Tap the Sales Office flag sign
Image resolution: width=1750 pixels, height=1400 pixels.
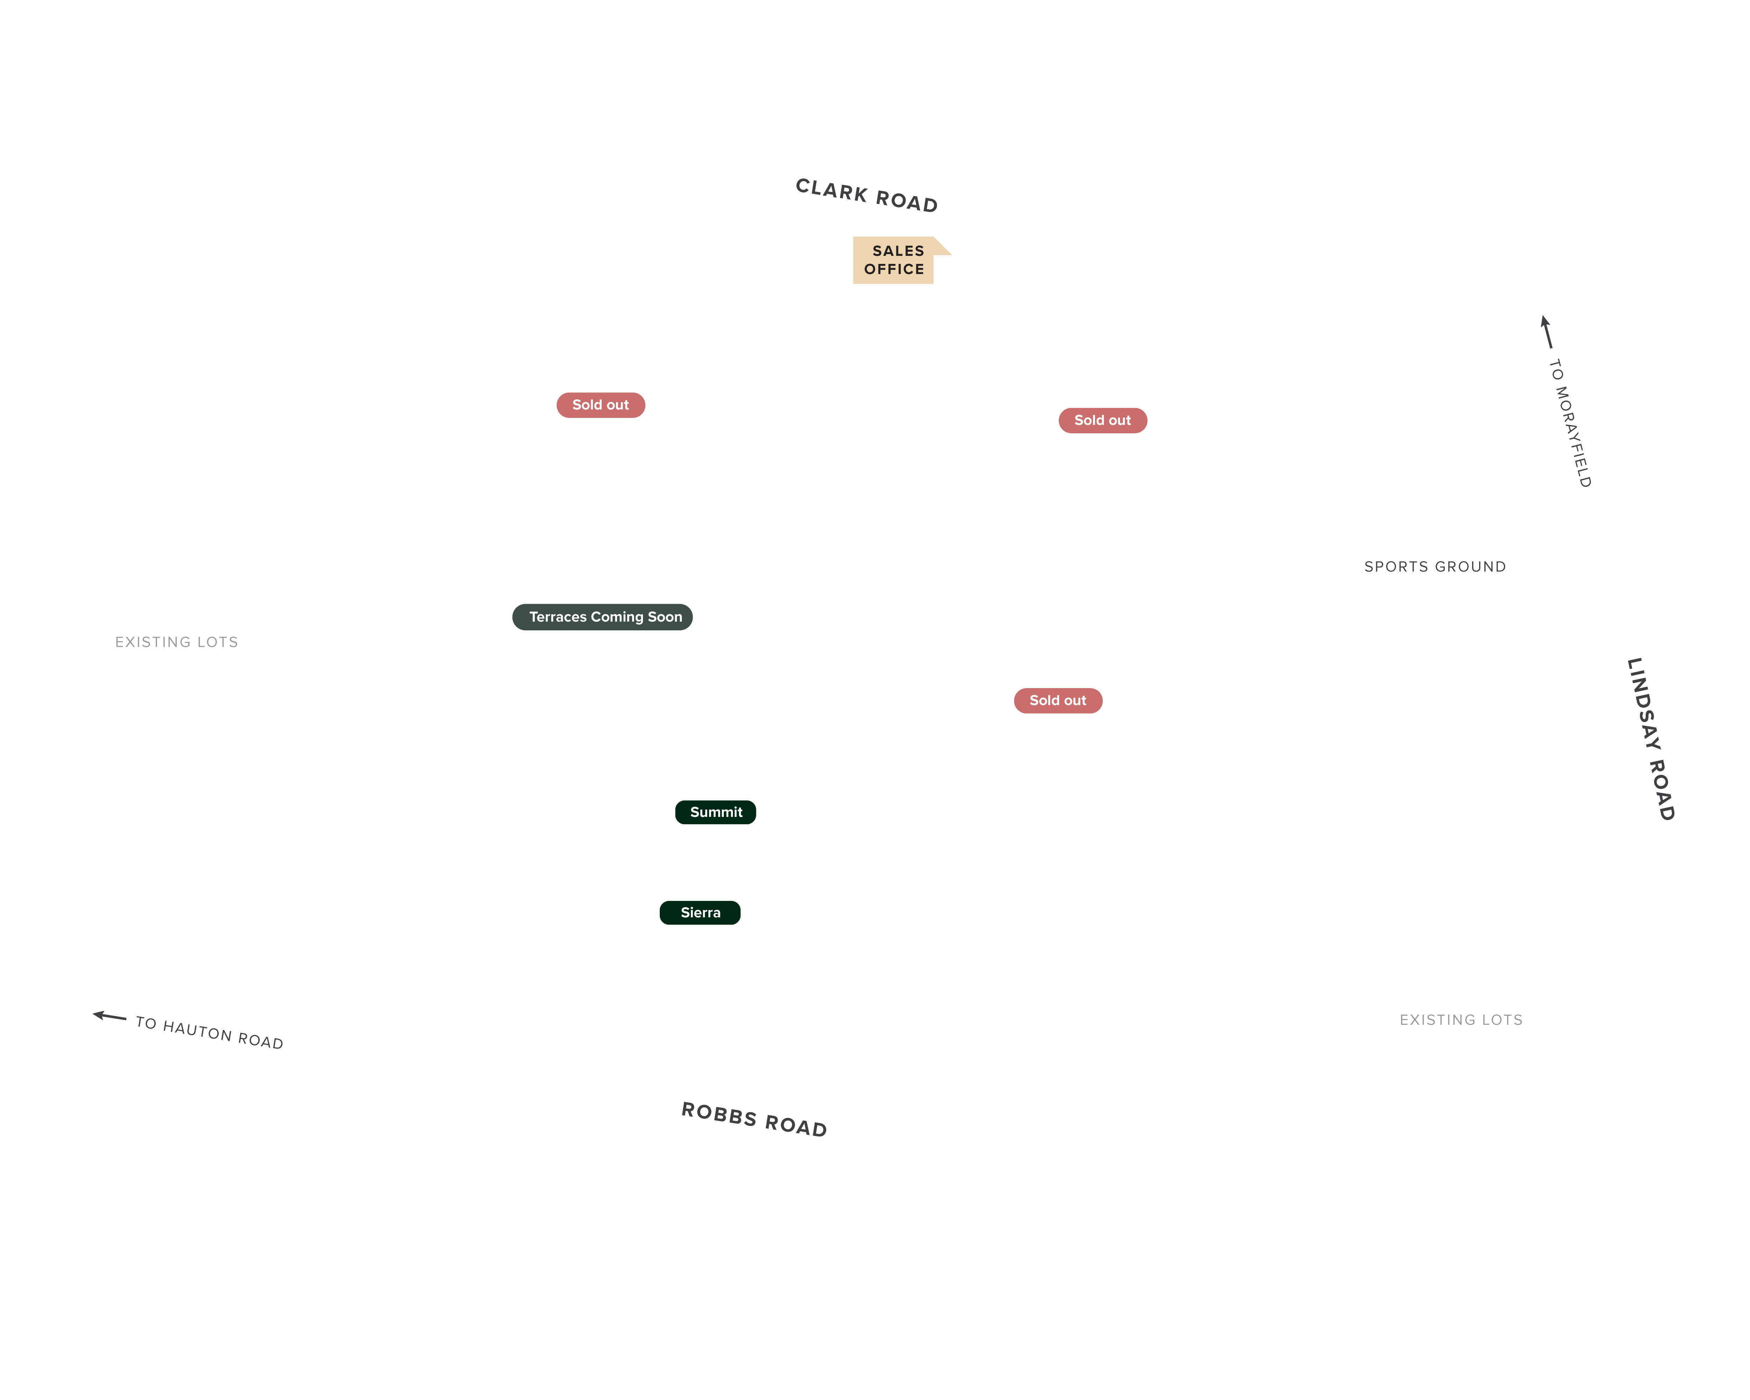click(x=897, y=260)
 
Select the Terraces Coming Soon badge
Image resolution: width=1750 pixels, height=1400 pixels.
click(x=602, y=617)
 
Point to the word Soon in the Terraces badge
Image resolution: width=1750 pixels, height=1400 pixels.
click(x=665, y=617)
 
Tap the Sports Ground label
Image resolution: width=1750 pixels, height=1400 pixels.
click(x=1435, y=567)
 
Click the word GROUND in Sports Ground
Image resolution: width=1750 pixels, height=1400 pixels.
click(x=1470, y=567)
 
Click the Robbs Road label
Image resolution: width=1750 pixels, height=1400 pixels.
click(x=754, y=1120)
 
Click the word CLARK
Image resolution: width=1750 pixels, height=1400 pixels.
click(x=832, y=190)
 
